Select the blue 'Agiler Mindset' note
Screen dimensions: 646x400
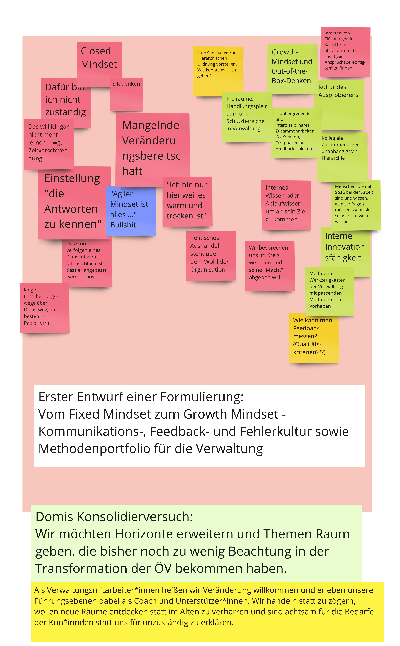pos(130,210)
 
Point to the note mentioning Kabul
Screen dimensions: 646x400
pos(345,52)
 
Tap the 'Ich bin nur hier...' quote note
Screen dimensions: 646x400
pos(187,201)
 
